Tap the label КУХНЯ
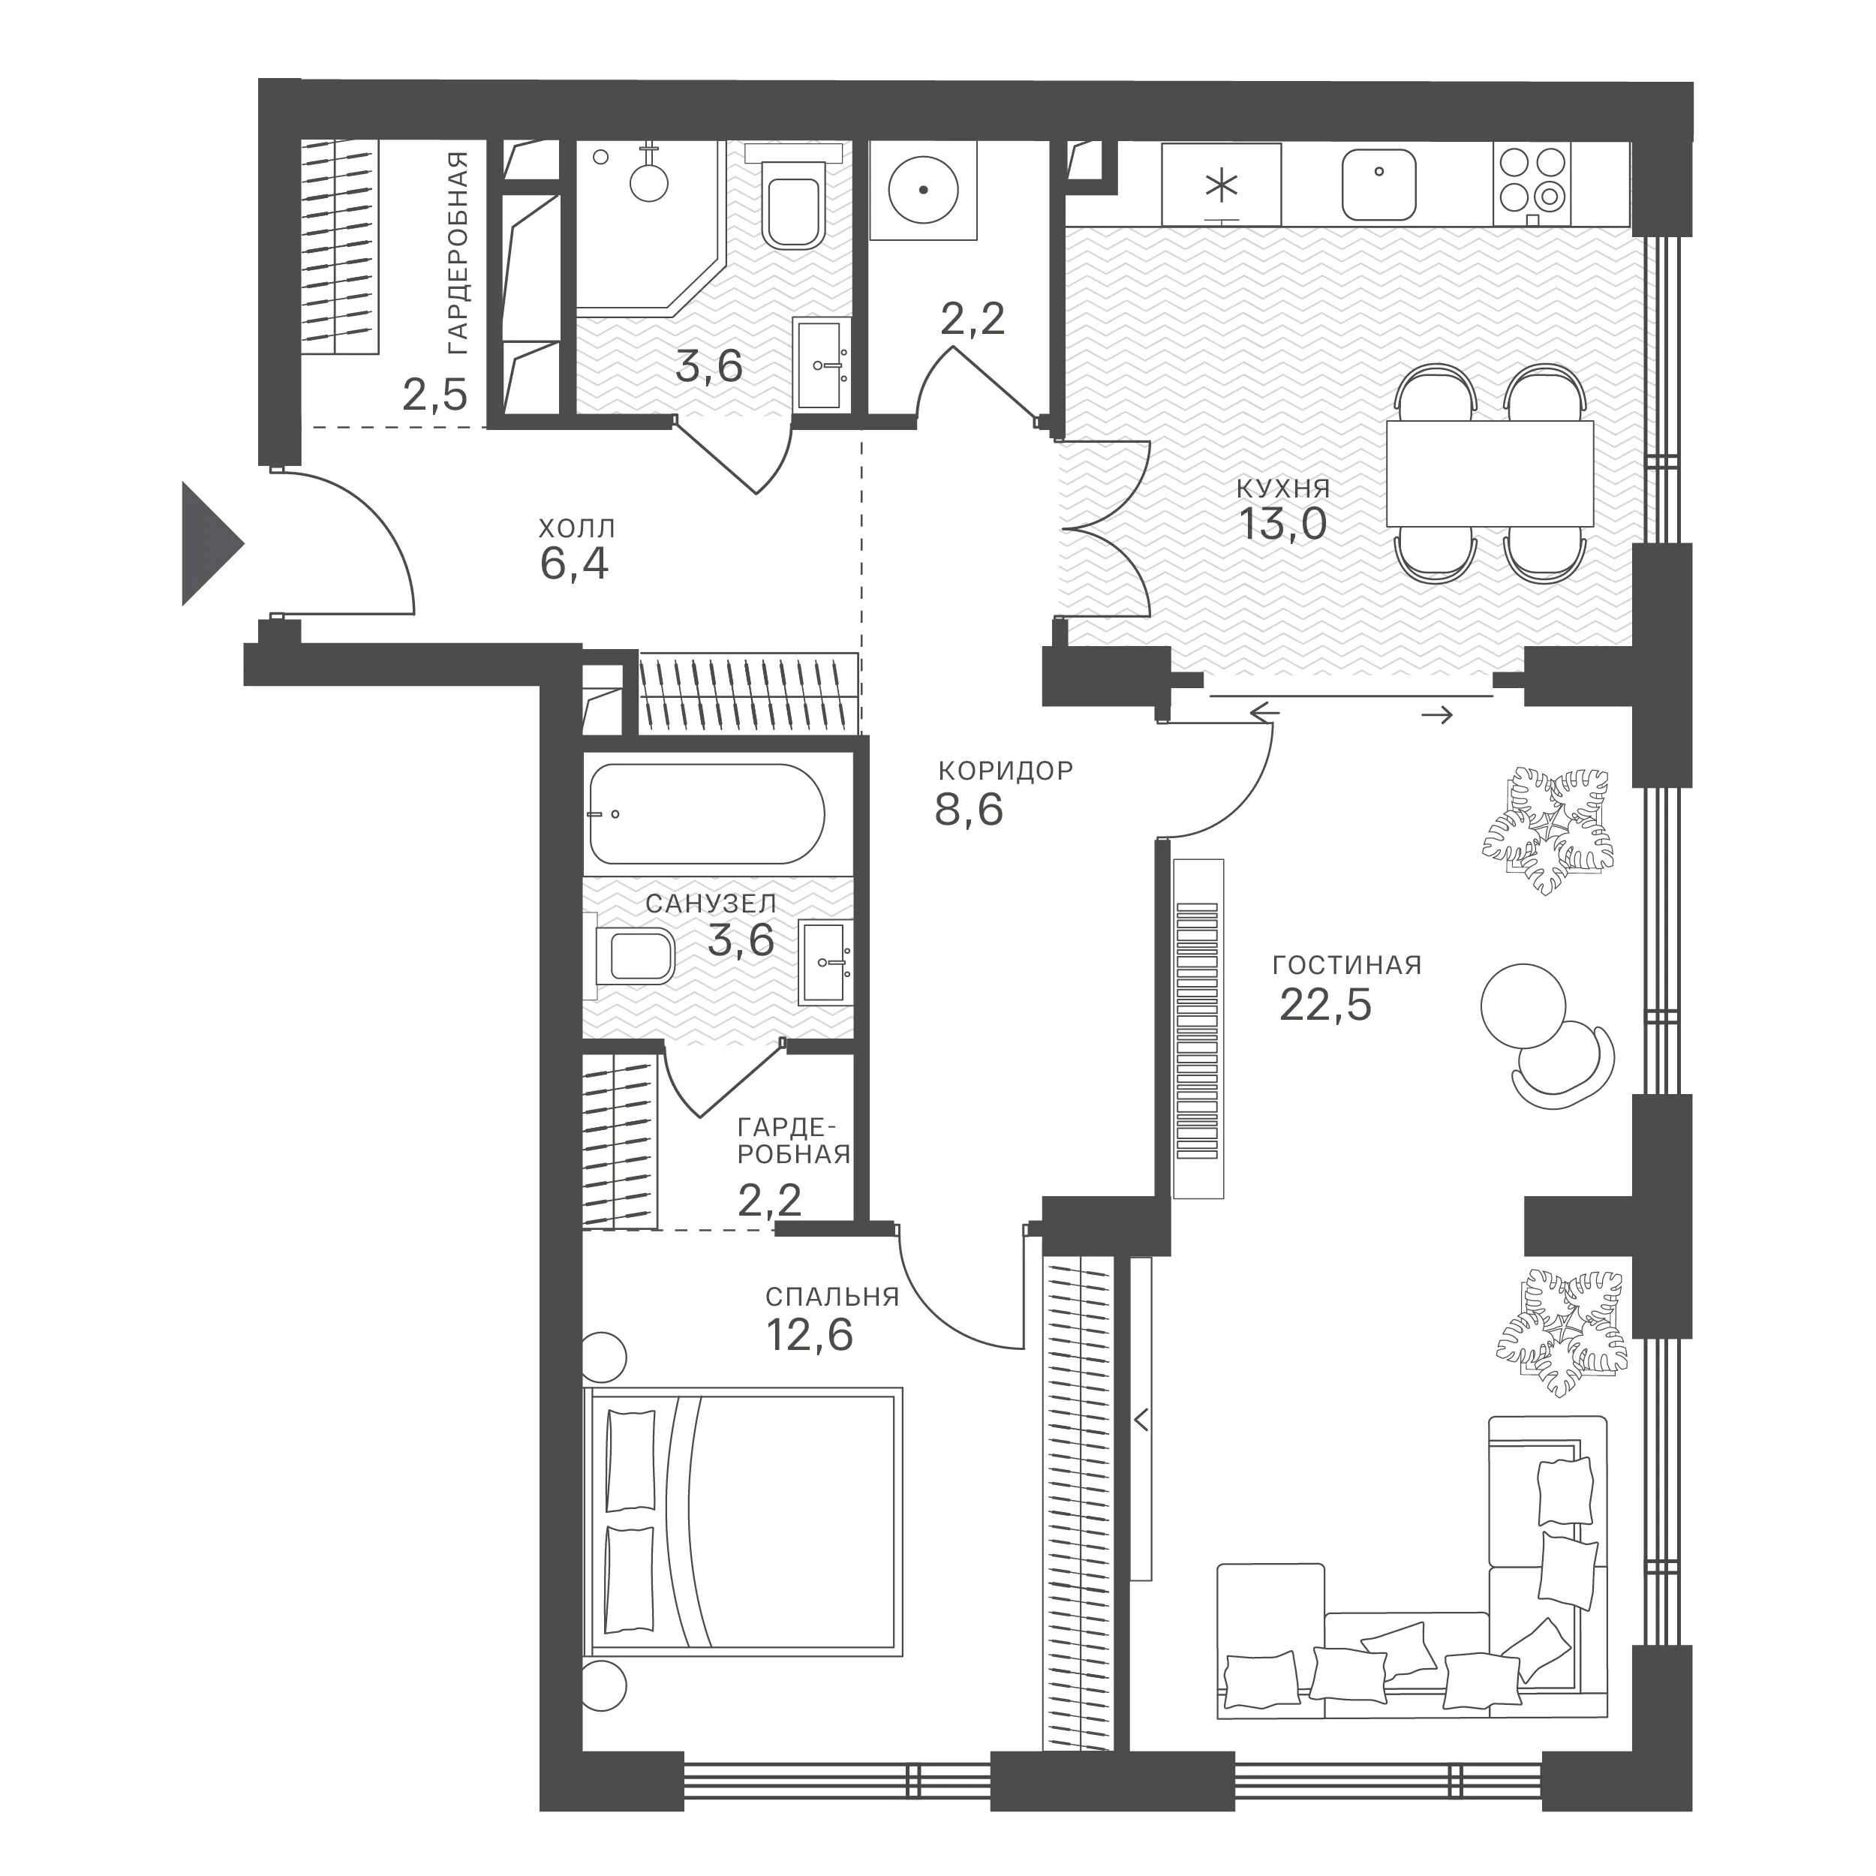pos(1282,488)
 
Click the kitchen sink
pos(1378,185)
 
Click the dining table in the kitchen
pos(1490,473)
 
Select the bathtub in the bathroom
pos(706,813)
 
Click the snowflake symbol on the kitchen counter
pos(1222,185)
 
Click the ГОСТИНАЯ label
pos(1347,967)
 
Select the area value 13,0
pos(1282,525)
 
